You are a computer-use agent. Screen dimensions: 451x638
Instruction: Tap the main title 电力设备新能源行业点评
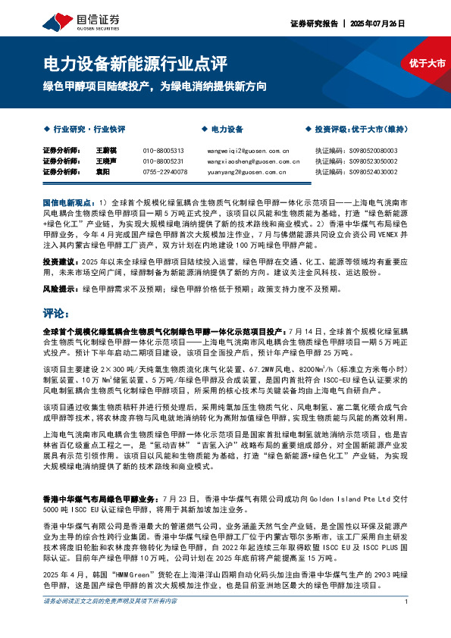tap(133, 64)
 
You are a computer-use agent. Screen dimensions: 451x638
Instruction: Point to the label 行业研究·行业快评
tap(88, 130)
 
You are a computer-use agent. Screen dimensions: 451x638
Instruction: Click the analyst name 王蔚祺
tap(105, 151)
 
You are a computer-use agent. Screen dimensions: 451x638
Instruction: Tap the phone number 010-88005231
tap(163, 161)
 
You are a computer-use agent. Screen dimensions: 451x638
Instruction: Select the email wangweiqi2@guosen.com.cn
tap(243, 151)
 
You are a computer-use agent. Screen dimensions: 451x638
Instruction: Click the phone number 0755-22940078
tap(164, 172)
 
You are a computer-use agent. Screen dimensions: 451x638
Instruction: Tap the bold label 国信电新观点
tap(67, 204)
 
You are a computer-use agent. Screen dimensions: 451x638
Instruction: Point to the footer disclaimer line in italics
tap(110, 622)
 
